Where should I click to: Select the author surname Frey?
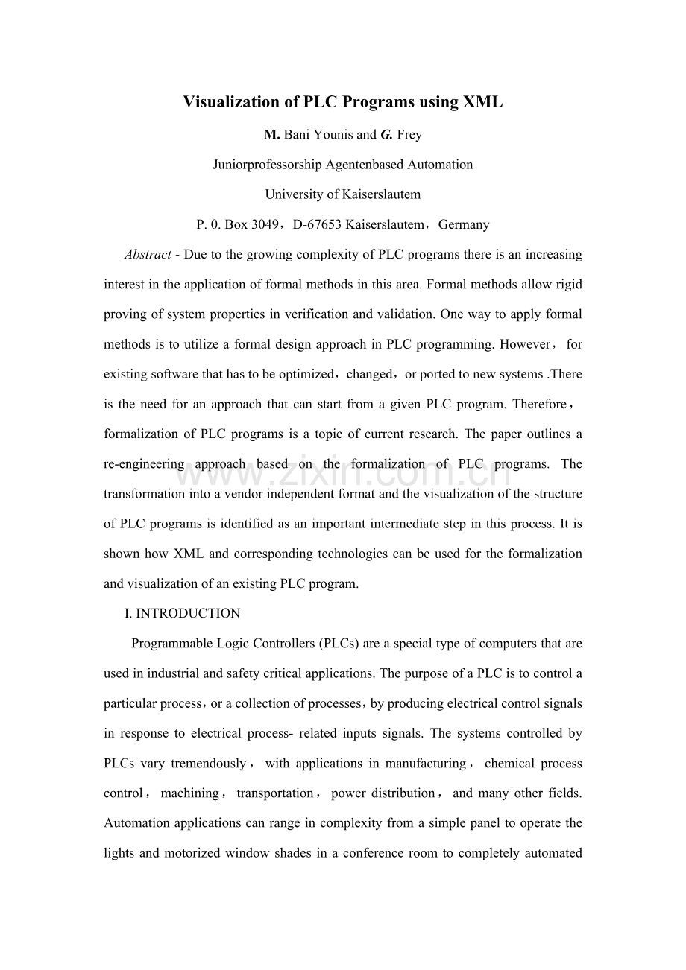coord(409,135)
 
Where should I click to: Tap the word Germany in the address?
coord(464,224)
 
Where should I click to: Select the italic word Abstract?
coord(148,254)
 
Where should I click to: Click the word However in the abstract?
coord(525,344)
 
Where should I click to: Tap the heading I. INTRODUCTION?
coord(182,613)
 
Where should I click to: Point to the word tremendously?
coord(208,764)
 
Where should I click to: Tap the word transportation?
coord(275,793)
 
